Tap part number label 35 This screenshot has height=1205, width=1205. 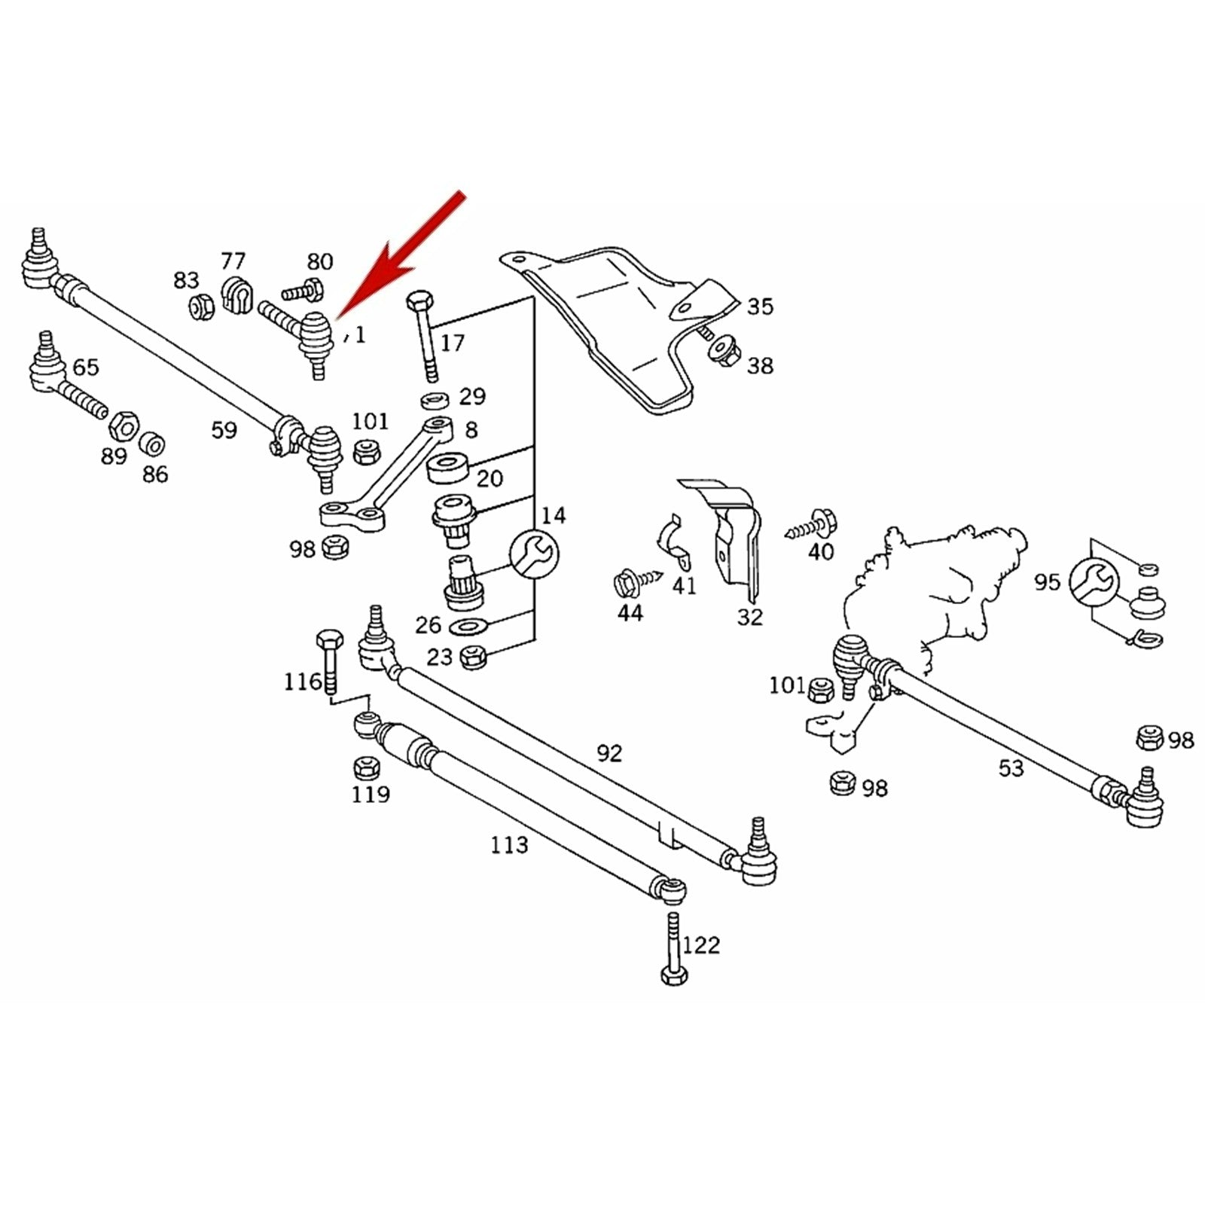[760, 307]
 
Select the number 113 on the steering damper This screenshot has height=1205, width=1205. [509, 845]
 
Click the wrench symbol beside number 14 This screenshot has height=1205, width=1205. [534, 555]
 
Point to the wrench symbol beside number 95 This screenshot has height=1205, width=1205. [1094, 581]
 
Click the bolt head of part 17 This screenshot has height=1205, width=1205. [419, 303]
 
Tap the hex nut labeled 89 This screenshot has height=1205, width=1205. [123, 428]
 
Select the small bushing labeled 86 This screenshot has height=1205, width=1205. [154, 444]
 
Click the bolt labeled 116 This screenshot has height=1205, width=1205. [329, 659]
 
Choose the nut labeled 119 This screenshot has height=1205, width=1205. [366, 768]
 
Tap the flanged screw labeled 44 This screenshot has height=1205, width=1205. [629, 582]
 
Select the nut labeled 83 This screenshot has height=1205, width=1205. [200, 307]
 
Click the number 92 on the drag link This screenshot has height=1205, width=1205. [609, 753]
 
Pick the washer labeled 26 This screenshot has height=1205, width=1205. [467, 626]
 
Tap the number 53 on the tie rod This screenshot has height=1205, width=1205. [1011, 768]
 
